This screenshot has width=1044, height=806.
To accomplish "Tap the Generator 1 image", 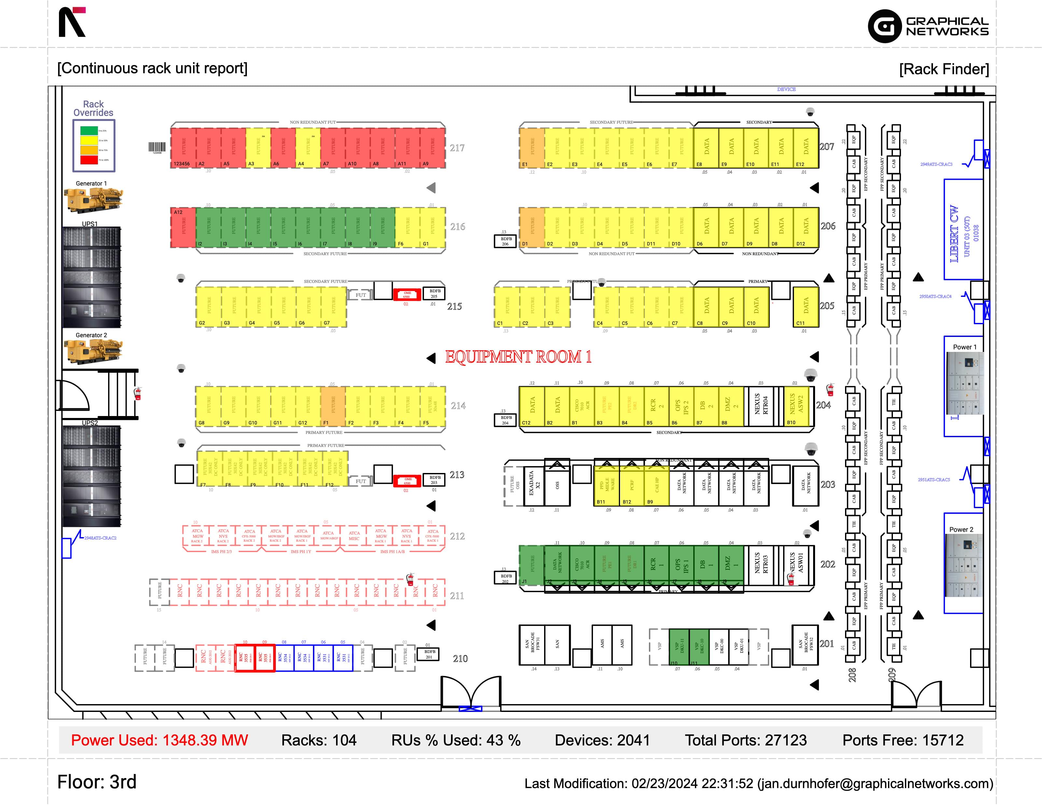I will (93, 200).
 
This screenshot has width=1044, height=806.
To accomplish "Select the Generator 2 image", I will (93, 351).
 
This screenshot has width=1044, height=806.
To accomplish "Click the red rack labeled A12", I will (183, 228).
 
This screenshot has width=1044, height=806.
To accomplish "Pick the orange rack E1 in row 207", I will (531, 148).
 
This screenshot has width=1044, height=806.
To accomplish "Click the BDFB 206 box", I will (506, 241).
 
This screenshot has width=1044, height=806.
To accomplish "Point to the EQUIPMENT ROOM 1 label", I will (518, 357).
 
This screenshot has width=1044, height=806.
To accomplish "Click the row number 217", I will (457, 148).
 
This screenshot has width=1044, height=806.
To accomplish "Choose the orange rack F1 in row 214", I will (333, 406).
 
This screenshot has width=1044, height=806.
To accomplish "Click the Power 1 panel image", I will (965, 383).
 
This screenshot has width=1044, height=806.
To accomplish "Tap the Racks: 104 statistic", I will (319, 740).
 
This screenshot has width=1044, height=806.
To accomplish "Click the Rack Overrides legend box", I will (94, 145).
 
